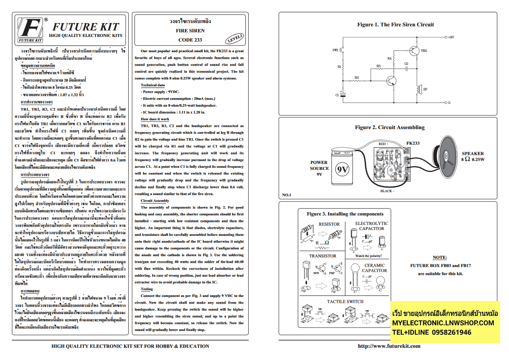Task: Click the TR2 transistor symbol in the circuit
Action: [415, 50]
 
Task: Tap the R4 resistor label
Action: [389, 58]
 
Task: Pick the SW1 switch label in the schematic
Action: [335, 50]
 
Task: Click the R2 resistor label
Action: [357, 77]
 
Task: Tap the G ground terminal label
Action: [449, 103]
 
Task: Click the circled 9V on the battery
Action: [342, 170]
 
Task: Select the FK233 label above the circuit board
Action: [413, 143]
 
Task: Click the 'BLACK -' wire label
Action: [387, 191]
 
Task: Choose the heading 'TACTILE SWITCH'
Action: [345, 302]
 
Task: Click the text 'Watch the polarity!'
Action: [369, 256]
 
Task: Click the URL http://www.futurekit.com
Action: [389, 346]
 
